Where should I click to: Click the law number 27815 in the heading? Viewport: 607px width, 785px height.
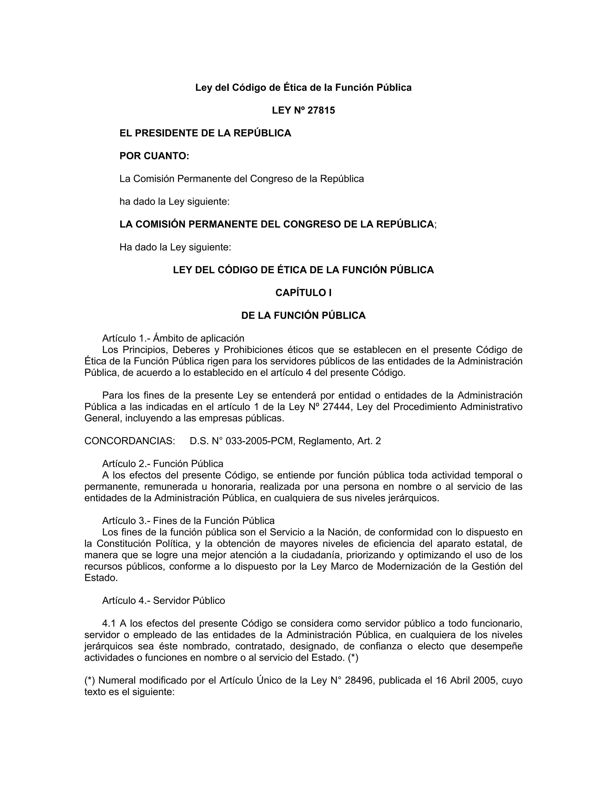(322, 110)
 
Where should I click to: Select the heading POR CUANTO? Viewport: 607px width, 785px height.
(154, 156)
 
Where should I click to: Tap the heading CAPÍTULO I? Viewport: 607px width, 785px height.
(303, 293)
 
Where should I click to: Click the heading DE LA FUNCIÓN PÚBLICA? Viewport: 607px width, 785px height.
(303, 315)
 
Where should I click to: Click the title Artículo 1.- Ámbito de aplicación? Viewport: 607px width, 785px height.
(173, 338)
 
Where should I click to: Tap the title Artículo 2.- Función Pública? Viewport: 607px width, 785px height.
(162, 464)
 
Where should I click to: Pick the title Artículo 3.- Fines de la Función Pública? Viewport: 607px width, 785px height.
(188, 521)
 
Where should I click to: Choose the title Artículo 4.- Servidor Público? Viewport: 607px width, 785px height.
(163, 601)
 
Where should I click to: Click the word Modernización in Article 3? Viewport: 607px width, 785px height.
(408, 566)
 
